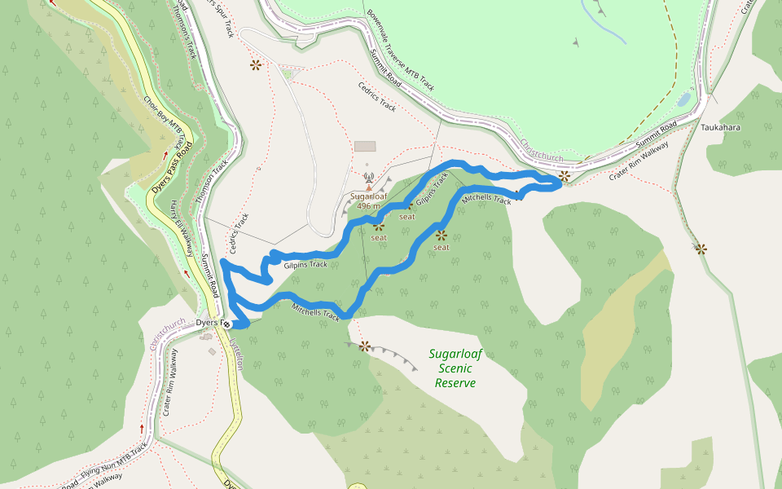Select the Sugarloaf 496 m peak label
click(367, 200)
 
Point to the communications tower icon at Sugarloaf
click(368, 175)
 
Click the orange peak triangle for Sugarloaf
click(368, 187)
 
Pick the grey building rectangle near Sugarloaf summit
click(365, 146)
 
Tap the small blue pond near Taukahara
click(683, 99)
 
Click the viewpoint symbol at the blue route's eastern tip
click(564, 175)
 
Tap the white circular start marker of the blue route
click(227, 324)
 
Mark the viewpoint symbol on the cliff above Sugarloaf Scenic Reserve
click(364, 346)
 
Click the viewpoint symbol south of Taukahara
click(700, 248)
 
